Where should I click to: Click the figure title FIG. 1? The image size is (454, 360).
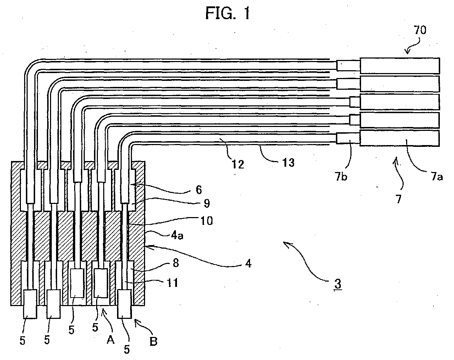point(228,13)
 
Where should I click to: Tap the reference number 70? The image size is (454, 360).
point(420,30)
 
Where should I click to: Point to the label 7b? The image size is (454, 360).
point(341,176)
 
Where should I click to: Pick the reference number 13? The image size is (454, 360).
point(288,162)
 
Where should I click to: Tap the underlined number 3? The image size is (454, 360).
point(338,284)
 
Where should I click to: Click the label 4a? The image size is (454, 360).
point(177,235)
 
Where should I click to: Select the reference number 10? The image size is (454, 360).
point(206,221)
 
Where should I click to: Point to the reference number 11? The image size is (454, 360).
point(172,283)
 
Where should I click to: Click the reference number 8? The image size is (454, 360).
point(176,263)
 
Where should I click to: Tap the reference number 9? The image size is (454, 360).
point(207,203)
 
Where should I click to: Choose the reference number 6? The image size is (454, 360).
point(199,190)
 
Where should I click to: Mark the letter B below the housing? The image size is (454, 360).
point(153,342)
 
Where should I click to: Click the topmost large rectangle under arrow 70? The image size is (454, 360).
point(400,65)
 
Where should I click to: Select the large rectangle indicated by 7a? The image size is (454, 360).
point(400,138)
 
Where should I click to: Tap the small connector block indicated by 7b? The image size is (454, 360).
point(348,138)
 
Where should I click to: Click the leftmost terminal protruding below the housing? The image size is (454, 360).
point(30,304)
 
